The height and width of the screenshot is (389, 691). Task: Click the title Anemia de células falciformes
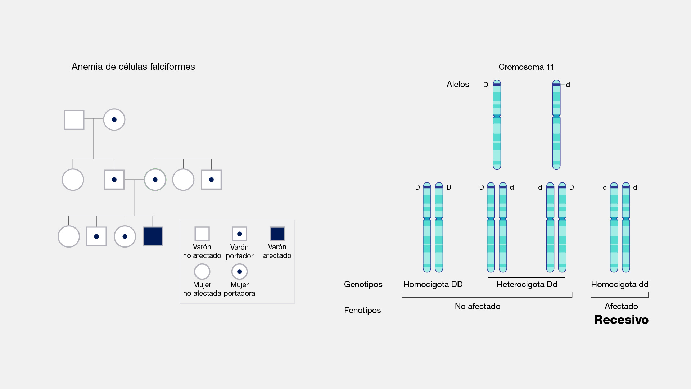[x=133, y=67]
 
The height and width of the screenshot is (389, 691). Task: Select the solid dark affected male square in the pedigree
[x=153, y=236]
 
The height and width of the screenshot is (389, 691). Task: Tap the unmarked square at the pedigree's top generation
[x=74, y=120]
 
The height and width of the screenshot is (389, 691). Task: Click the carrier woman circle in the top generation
[x=114, y=119]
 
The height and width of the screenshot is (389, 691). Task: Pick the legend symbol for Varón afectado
[x=277, y=234]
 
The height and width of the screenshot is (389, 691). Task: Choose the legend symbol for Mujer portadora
[x=239, y=272]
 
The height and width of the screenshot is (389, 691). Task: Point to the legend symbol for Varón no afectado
[x=202, y=234]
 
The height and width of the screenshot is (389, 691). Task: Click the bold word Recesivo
[x=621, y=320]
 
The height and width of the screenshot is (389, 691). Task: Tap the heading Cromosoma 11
[x=526, y=67]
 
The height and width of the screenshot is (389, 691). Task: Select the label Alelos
[x=458, y=84]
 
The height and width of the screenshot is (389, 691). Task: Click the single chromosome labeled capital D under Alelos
[x=497, y=125]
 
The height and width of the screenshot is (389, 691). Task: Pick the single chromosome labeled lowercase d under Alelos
[x=556, y=125]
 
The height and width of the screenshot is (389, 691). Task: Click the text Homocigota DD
[x=433, y=284]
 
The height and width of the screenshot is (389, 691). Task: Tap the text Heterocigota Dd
[x=527, y=284]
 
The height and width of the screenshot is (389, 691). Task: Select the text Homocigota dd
[x=619, y=284]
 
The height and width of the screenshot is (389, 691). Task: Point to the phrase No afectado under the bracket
[x=478, y=306]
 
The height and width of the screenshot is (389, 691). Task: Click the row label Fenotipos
[x=362, y=310]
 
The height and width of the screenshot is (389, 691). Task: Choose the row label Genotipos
[x=363, y=284]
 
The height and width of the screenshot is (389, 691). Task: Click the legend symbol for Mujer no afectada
[x=202, y=272]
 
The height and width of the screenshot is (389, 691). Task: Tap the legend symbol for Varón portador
[x=239, y=234]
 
